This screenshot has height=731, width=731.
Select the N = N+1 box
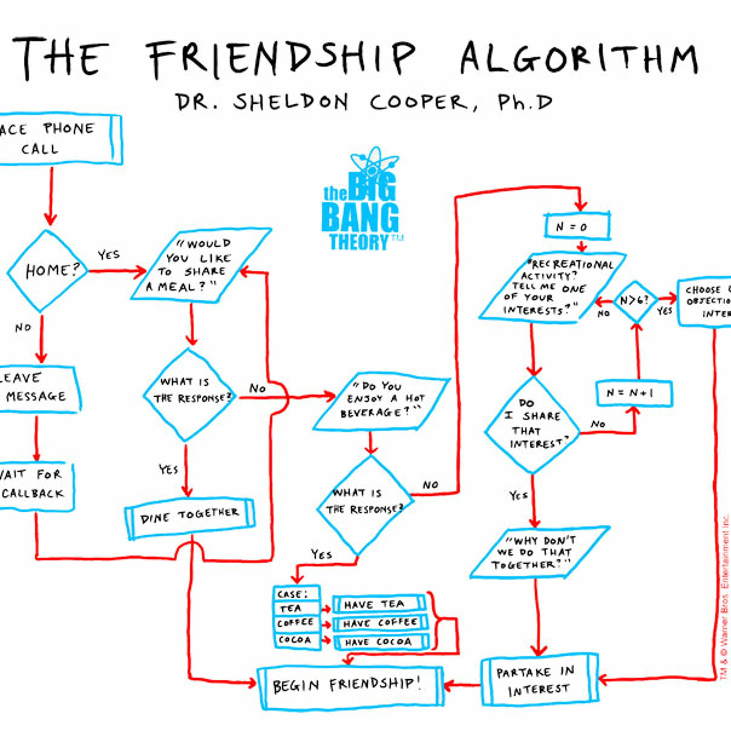click(x=634, y=394)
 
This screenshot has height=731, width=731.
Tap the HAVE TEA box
click(x=378, y=604)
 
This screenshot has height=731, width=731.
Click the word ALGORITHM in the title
click(x=579, y=59)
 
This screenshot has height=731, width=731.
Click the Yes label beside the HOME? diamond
click(x=109, y=255)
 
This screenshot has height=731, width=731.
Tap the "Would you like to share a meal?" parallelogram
click(x=201, y=265)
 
